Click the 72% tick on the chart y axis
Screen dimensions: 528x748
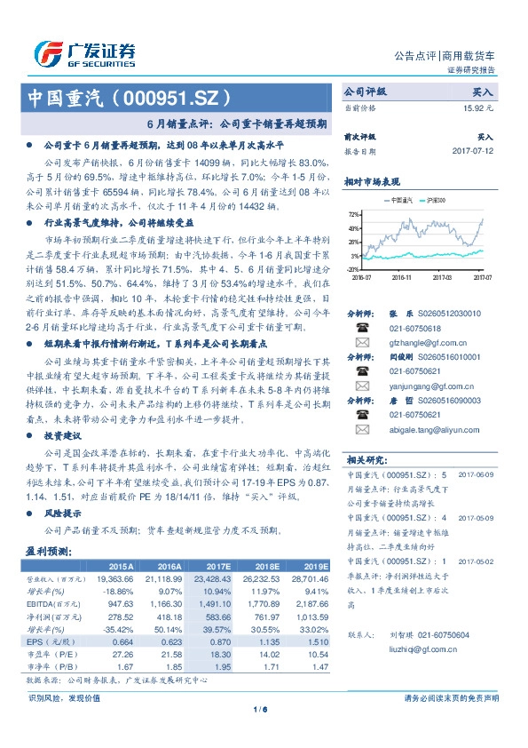[354, 214]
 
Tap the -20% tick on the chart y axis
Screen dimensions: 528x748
[353, 268]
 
